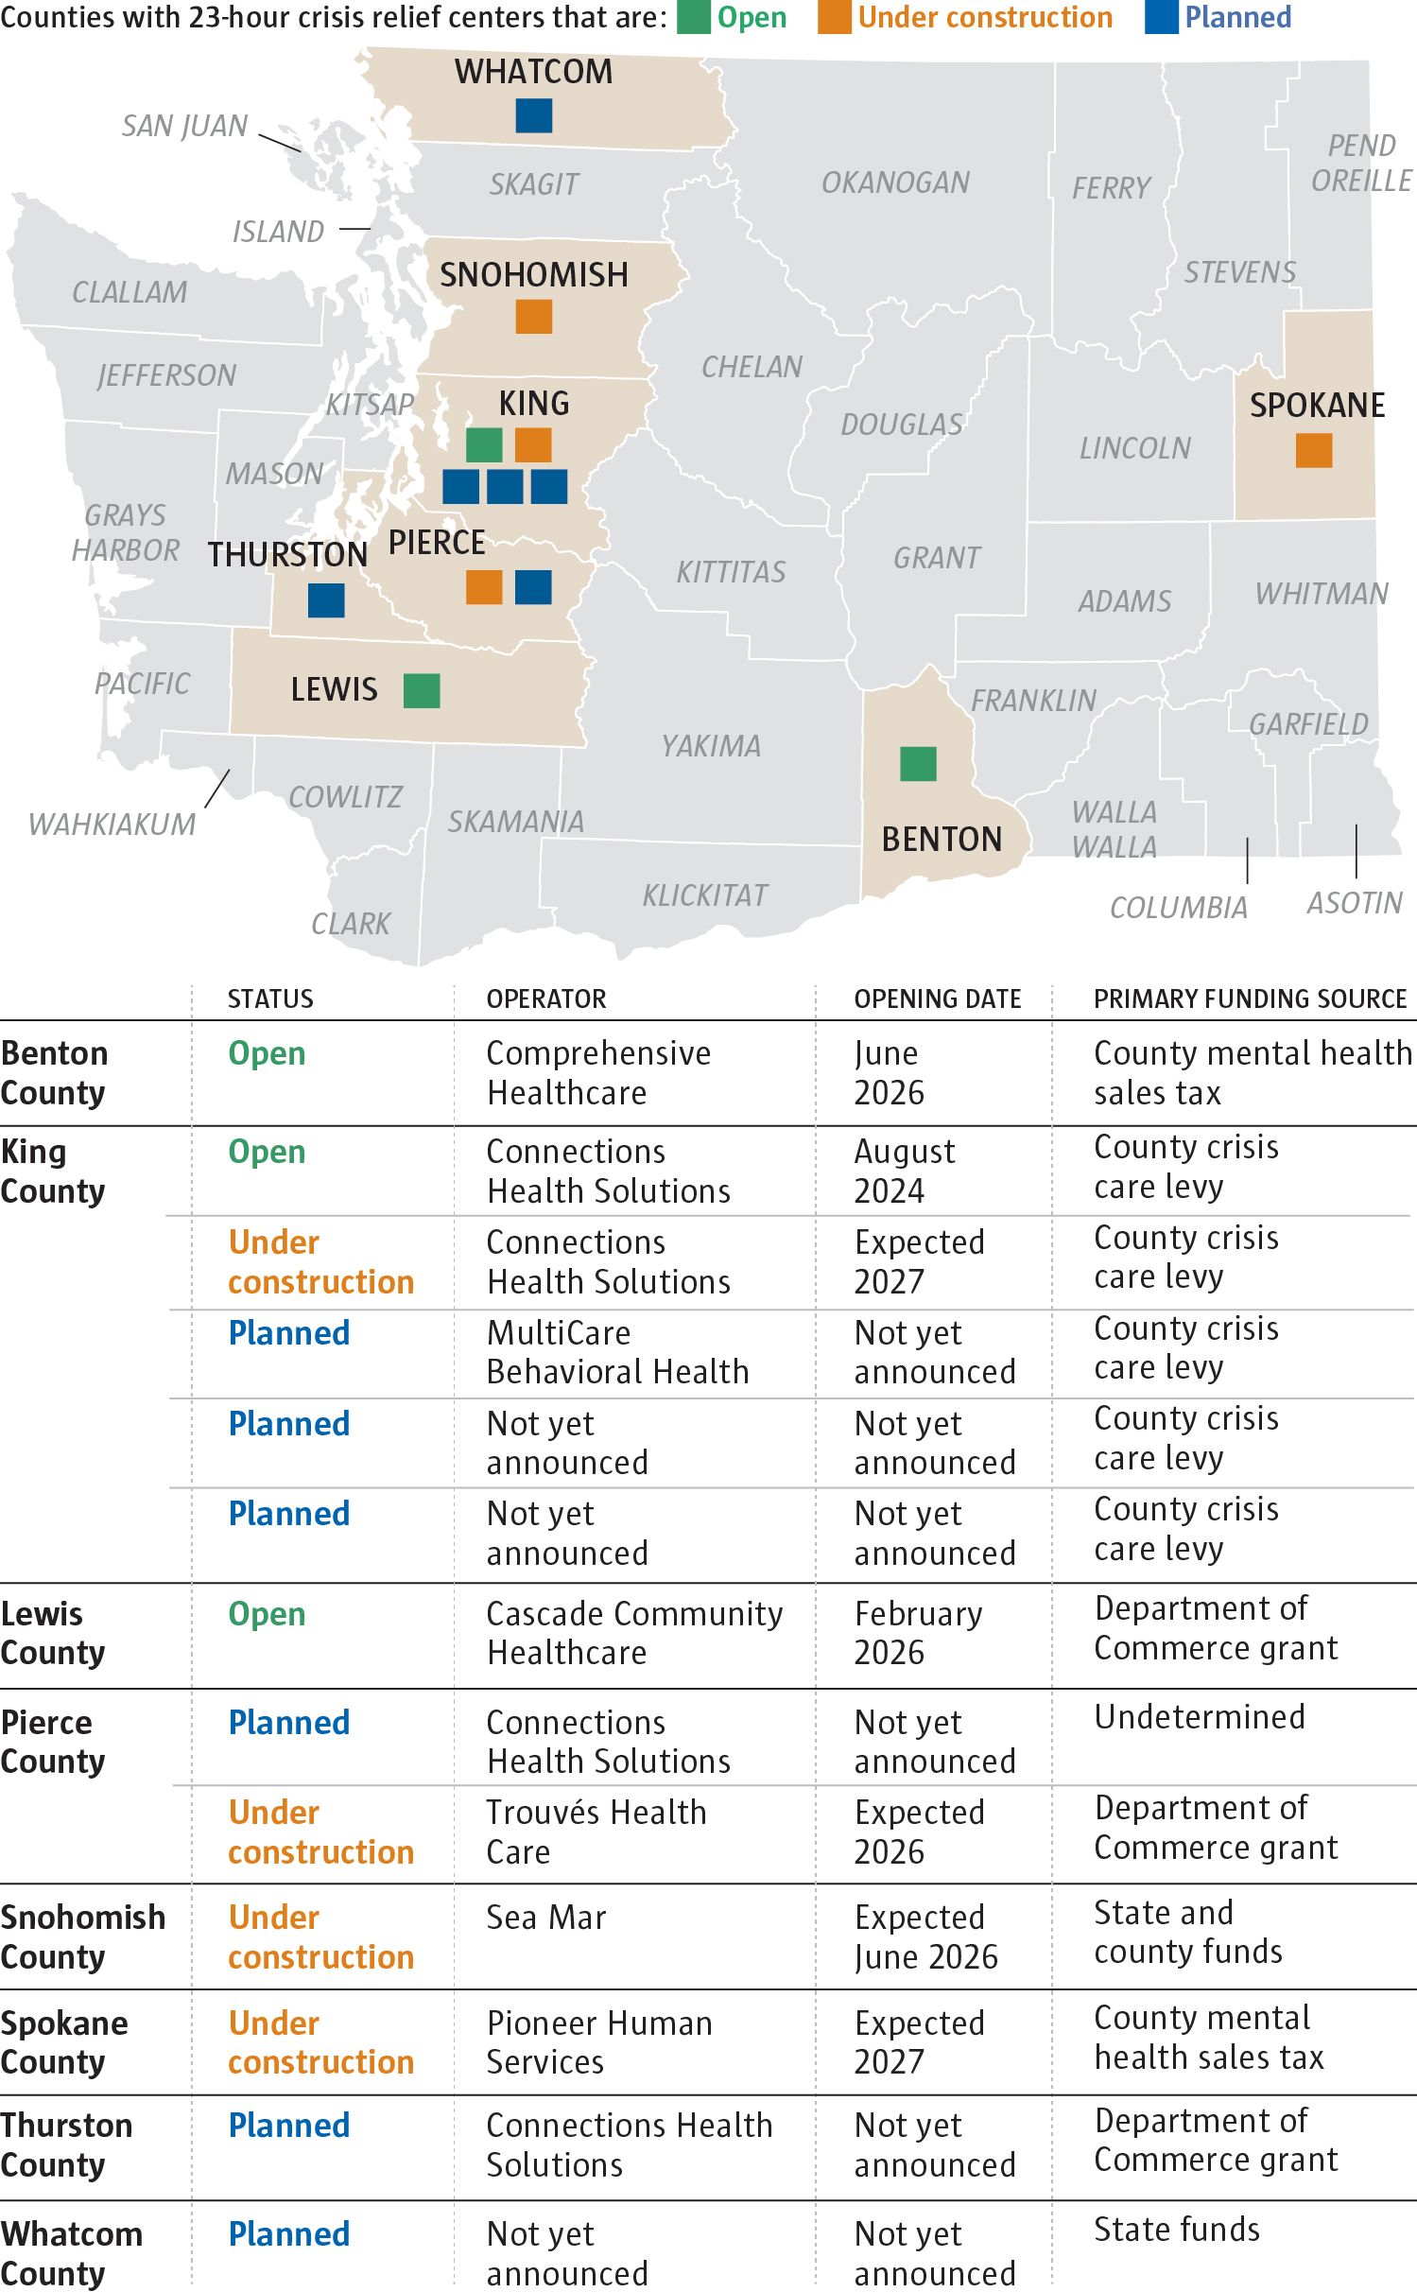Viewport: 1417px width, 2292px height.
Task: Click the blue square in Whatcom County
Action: click(x=534, y=115)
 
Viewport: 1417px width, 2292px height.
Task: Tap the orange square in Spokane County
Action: click(x=1314, y=450)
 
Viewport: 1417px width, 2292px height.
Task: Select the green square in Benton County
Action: click(x=918, y=764)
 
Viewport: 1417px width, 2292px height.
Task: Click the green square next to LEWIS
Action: click(x=422, y=690)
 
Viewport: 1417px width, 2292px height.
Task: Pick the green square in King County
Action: click(x=484, y=444)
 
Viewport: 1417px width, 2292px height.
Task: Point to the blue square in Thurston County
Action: click(x=326, y=600)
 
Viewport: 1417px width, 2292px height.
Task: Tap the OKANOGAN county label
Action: click(x=895, y=182)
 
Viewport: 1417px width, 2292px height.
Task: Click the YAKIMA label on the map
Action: click(x=711, y=746)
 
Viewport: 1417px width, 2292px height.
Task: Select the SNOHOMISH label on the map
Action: click(x=534, y=275)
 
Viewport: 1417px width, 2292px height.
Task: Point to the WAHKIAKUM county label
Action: click(x=112, y=825)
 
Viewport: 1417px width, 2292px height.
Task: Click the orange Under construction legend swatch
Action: click(x=835, y=18)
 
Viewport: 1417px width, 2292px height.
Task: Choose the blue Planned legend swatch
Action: click(x=1162, y=18)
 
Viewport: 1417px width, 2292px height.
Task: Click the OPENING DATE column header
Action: click(x=938, y=999)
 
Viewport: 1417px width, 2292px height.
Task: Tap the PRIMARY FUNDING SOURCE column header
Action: click(x=1251, y=999)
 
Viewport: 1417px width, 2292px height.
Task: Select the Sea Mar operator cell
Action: click(x=546, y=1918)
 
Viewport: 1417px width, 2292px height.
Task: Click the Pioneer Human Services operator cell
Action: click(x=599, y=2042)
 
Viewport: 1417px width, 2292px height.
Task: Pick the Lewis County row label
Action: click(x=53, y=1633)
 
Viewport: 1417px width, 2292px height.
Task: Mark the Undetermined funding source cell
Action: click(x=1200, y=1717)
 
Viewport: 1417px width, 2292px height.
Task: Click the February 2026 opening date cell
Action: click(x=919, y=1633)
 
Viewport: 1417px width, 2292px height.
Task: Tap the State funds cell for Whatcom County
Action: click(x=1177, y=2230)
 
